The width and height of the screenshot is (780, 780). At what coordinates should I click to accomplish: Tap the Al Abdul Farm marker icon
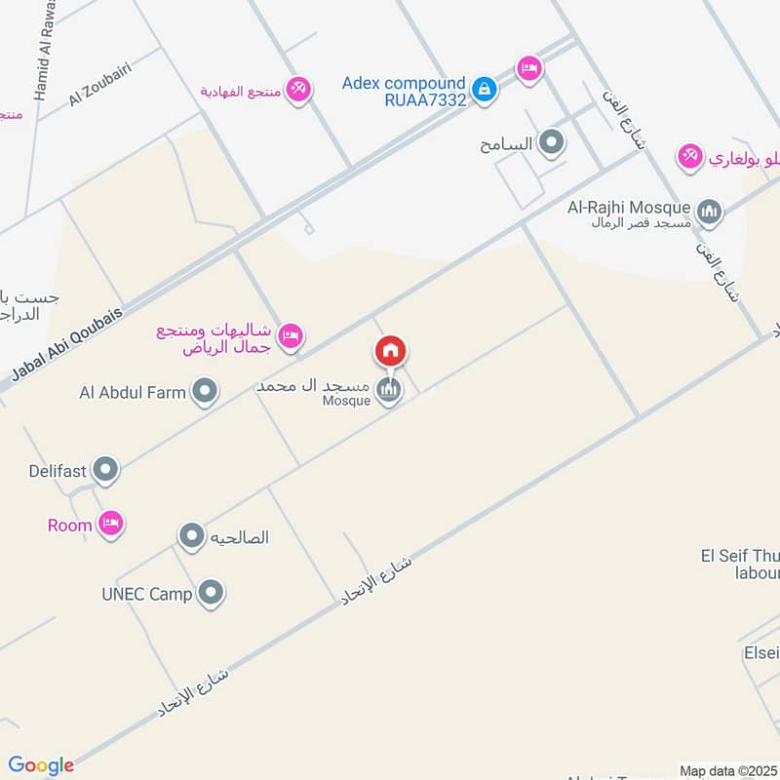click(205, 394)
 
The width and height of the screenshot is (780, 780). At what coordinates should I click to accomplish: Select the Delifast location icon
click(105, 472)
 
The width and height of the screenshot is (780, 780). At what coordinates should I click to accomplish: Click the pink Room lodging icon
click(111, 525)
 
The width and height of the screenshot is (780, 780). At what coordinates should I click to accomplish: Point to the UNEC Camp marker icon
click(210, 592)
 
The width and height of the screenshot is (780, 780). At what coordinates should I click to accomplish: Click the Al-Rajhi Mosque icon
click(710, 211)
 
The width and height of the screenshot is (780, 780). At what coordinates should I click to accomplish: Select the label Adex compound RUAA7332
click(404, 91)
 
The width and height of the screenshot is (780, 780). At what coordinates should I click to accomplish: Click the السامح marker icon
click(552, 144)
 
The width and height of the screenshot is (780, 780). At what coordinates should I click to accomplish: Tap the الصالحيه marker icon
click(191, 535)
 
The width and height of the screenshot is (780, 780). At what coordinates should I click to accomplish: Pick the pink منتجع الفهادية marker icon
click(298, 89)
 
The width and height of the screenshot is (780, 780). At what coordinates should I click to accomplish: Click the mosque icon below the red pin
click(390, 391)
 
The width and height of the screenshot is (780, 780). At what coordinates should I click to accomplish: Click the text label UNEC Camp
click(146, 593)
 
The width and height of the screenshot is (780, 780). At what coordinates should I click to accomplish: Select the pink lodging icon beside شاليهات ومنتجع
click(290, 337)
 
